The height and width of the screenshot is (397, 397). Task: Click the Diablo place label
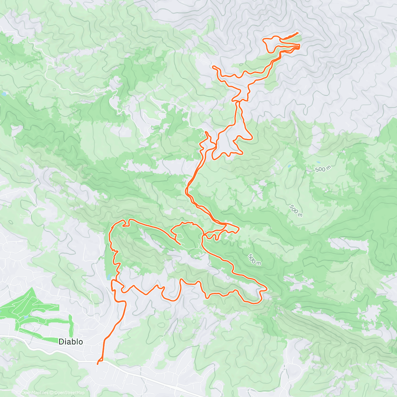tap(71, 342)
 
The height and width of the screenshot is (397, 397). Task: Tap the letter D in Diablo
tap(61, 342)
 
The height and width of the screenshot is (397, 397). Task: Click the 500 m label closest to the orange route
tap(254, 259)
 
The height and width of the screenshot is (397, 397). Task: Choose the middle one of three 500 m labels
tap(296, 211)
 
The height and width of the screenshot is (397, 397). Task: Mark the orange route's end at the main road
tap(98, 364)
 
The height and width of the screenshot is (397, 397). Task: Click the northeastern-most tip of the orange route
tap(298, 33)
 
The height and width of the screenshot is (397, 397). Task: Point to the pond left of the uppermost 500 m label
tap(289, 166)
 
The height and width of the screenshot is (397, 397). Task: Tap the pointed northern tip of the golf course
tap(32, 288)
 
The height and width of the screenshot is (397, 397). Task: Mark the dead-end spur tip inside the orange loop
tap(180, 244)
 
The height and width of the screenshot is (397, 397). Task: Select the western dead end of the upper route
tap(213, 67)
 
